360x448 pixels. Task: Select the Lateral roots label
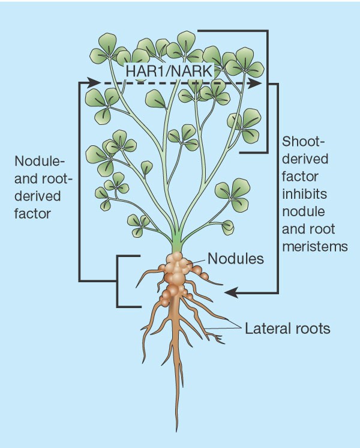(x=286, y=328)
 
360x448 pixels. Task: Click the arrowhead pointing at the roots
(x=229, y=292)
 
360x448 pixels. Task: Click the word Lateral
(x=263, y=328)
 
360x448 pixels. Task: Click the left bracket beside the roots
(x=118, y=281)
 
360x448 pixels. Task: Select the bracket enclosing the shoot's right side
(x=266, y=90)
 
